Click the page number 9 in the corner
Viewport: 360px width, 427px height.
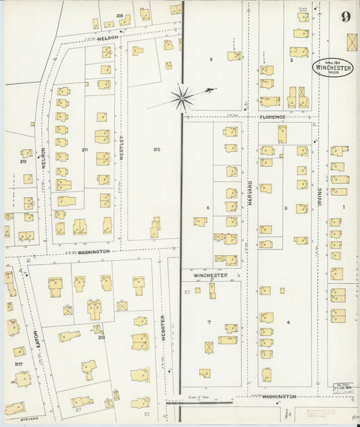(x=346, y=17)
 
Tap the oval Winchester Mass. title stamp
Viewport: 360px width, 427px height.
(x=332, y=66)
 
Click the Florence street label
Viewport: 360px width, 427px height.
(x=273, y=117)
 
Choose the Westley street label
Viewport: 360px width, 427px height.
(x=122, y=147)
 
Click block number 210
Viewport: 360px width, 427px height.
(x=157, y=149)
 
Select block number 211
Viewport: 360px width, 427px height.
(x=84, y=149)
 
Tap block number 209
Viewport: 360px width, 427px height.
(x=120, y=15)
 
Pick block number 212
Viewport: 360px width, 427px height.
(x=23, y=161)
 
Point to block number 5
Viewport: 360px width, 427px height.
(x=211, y=59)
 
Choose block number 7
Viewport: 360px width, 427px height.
(x=209, y=322)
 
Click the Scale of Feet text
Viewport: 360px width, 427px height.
(x=199, y=397)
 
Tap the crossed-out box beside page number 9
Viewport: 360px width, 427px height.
(x=352, y=42)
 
